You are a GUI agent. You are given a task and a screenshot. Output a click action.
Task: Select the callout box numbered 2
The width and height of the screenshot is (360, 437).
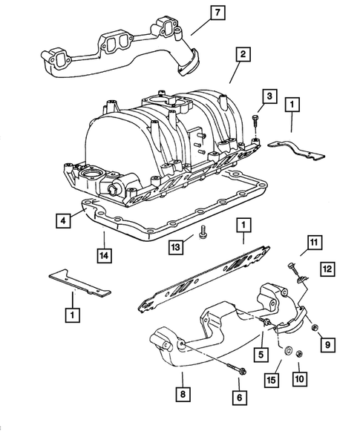[242, 53]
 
